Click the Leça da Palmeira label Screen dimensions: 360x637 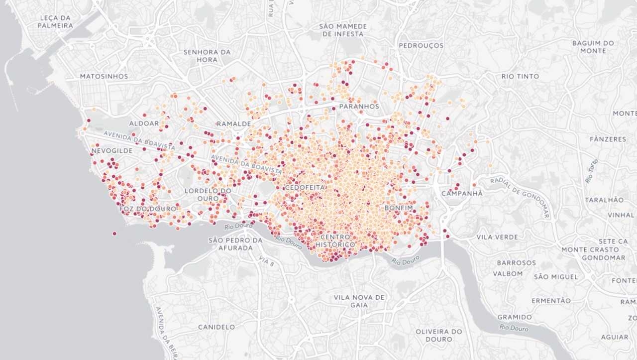(55, 21)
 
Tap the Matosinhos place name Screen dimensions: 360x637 (104, 76)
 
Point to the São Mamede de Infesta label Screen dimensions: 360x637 (343, 30)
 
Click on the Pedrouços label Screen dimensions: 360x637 (421, 45)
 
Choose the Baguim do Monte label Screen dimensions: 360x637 (593, 47)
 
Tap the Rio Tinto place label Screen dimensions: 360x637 (520, 76)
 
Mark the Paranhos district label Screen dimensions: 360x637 (359, 107)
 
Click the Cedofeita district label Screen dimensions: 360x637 (305, 187)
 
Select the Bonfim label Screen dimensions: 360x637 (399, 208)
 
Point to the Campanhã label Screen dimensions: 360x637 (462, 193)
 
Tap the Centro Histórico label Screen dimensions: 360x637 (338, 241)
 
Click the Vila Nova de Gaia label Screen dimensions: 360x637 (359, 301)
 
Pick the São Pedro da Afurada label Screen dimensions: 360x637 (235, 244)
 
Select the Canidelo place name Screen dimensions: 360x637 (216, 327)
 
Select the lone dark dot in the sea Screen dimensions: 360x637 (114, 233)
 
